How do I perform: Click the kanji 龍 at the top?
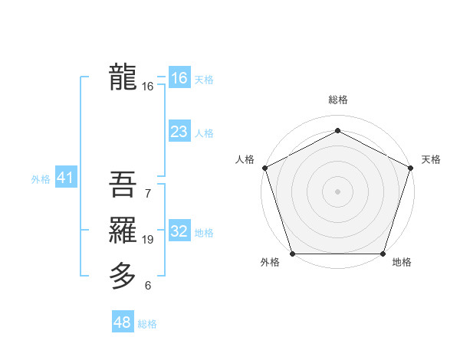[x=123, y=77]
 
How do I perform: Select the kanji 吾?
[x=123, y=184]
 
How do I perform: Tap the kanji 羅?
[x=123, y=229]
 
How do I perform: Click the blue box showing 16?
[x=179, y=77]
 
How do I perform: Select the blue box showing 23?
[x=179, y=131]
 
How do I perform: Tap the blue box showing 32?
[x=179, y=231]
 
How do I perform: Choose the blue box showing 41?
[x=64, y=178]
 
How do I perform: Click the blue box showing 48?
[x=122, y=322]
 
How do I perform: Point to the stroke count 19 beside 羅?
[x=148, y=240]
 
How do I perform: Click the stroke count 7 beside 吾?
[x=148, y=194]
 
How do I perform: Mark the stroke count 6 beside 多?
[x=148, y=286]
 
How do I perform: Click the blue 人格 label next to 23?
[x=204, y=133]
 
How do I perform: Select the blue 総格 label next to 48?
[x=147, y=324]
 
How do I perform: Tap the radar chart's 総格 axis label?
[x=337, y=100]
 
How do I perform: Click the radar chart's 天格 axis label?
[x=431, y=159]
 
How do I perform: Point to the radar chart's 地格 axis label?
[x=402, y=263]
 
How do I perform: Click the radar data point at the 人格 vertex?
[x=264, y=167]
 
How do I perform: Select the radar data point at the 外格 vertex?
[x=292, y=254]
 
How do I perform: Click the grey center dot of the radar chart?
[x=337, y=191]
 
